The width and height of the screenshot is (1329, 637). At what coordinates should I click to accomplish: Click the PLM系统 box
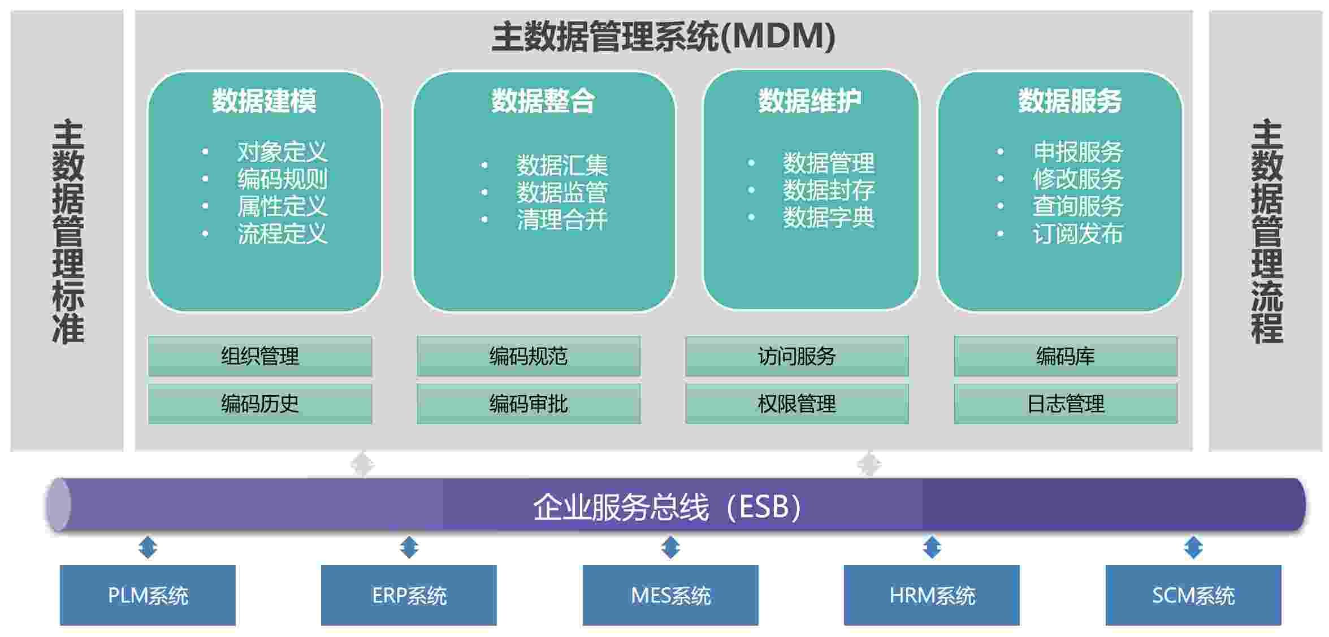[148, 595]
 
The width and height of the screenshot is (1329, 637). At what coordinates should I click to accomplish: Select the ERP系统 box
[409, 595]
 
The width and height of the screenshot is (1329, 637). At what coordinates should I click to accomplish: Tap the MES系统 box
[670, 595]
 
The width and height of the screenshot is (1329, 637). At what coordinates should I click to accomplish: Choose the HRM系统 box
[932, 595]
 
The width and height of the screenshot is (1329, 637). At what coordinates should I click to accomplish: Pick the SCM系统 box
[1193, 595]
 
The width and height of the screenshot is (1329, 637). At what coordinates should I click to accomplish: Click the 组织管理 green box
[260, 356]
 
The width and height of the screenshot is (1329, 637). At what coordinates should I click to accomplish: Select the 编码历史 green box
[260, 404]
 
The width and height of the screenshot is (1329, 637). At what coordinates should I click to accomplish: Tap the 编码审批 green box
[529, 404]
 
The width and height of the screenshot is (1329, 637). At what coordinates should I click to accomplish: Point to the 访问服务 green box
[797, 356]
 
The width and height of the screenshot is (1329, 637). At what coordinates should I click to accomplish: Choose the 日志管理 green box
[1066, 404]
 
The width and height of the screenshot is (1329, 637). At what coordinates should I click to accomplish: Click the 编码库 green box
[1066, 356]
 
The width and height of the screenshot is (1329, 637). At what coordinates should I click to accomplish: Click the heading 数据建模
[264, 101]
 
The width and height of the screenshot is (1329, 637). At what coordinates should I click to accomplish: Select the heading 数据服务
[1070, 101]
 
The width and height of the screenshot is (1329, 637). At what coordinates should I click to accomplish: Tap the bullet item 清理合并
[562, 220]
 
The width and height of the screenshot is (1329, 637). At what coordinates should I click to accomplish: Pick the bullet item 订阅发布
[1077, 233]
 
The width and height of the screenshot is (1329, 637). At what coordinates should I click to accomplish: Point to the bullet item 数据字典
[828, 218]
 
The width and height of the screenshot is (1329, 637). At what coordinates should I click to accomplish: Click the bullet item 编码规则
[282, 179]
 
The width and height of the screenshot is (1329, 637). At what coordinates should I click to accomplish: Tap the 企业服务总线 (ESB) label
[667, 506]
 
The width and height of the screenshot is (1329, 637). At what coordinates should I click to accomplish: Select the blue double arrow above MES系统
[670, 547]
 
